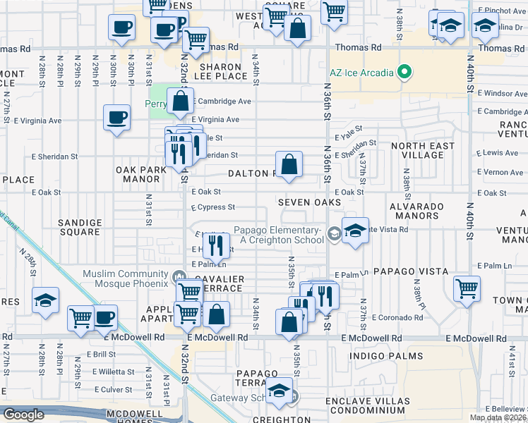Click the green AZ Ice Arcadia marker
(x=404, y=72)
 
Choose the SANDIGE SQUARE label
(x=80, y=226)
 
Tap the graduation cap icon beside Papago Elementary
(x=355, y=230)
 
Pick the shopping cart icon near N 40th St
(x=467, y=288)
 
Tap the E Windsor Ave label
(x=502, y=93)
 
